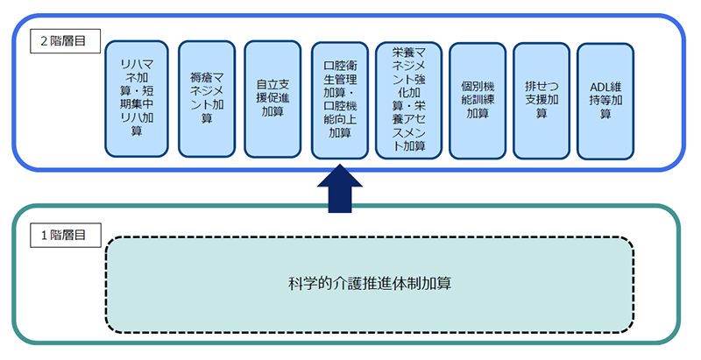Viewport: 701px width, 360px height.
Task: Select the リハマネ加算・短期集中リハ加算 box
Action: point(136,99)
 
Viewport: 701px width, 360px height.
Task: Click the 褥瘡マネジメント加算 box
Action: point(206,98)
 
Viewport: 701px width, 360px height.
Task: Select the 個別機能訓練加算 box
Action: point(478,98)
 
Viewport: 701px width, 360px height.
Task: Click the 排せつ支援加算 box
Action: point(542,98)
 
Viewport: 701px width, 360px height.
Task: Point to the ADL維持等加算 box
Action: point(605,98)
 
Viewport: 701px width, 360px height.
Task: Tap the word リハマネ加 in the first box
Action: point(136,66)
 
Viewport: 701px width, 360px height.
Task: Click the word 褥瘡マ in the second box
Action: point(206,79)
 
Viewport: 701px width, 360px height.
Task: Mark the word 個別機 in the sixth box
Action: point(478,86)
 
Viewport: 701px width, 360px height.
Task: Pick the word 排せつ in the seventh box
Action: point(542,86)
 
